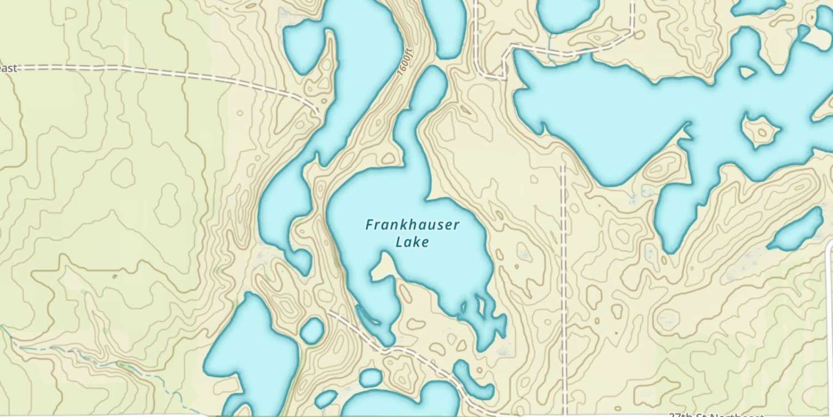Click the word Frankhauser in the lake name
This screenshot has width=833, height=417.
pyautogui.click(x=412, y=225)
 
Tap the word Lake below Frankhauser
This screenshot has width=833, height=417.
pyautogui.click(x=412, y=242)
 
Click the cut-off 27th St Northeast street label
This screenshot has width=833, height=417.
pyautogui.click(x=716, y=415)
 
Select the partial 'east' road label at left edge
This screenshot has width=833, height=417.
pyautogui.click(x=8, y=68)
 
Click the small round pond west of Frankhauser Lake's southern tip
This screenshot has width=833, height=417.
pyautogui.click(x=312, y=330)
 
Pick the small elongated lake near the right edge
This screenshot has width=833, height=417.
pyautogui.click(x=795, y=229)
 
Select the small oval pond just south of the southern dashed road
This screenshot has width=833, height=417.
pyautogui.click(x=370, y=378)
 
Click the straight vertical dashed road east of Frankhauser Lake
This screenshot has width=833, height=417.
pyautogui.click(x=563, y=278)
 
